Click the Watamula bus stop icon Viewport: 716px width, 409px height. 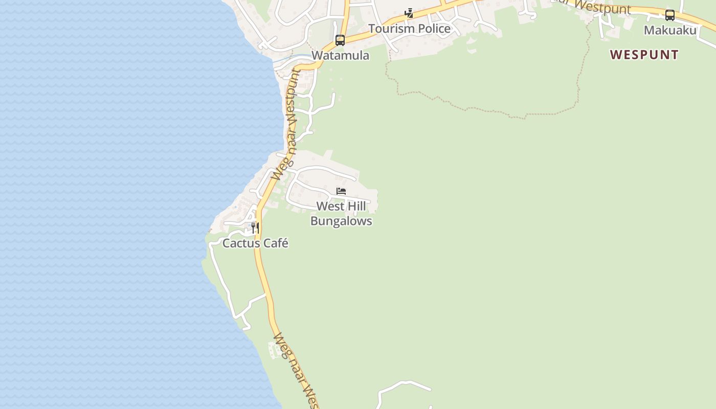pos(340,40)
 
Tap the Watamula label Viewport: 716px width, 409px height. pos(340,55)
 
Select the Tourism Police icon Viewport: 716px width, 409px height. pos(409,13)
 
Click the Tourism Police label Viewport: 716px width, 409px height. pos(409,29)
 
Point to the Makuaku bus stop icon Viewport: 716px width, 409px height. pos(669,15)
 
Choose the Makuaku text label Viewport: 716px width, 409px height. pos(669,30)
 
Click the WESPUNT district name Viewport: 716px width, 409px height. pos(644,55)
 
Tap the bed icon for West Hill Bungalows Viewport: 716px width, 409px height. pos(341,191)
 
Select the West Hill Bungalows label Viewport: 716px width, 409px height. pos(341,214)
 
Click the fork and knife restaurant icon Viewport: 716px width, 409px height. pos(255,228)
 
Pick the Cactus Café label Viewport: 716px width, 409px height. pos(255,243)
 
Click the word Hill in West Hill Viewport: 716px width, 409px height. pos(356,207)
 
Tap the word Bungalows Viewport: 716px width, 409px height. pos(341,221)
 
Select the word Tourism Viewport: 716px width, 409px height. pos(390,29)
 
